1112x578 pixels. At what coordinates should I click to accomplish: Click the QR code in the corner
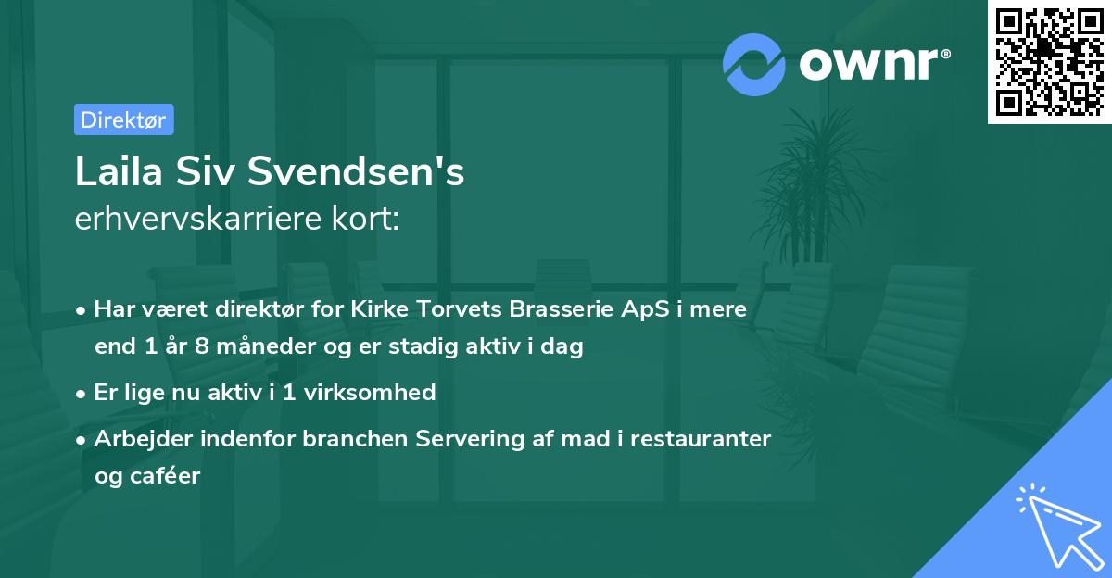coord(1049,62)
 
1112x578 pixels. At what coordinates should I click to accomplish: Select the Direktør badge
coord(123,119)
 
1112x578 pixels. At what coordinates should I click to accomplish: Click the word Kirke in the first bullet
coord(379,309)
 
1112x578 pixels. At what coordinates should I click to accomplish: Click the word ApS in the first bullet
coord(640,309)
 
